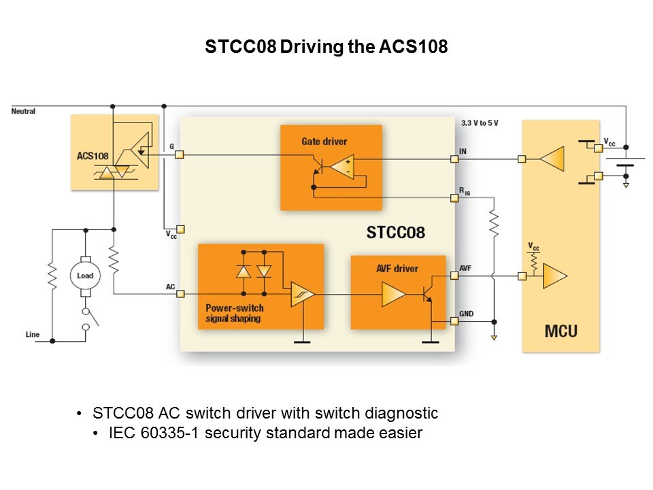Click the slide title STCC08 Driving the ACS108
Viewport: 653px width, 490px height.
(x=326, y=48)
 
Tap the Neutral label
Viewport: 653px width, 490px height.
(x=23, y=111)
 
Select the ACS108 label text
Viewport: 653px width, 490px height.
(x=93, y=156)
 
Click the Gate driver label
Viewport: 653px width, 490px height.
(x=324, y=142)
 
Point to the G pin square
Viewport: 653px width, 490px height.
(x=180, y=155)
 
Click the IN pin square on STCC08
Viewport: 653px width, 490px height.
(x=454, y=159)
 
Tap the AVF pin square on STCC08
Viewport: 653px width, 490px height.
(x=454, y=276)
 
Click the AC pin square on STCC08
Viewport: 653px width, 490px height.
(x=180, y=294)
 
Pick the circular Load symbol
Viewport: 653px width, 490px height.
(x=85, y=275)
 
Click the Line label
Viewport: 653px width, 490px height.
(x=33, y=334)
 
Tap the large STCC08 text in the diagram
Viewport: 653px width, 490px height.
(x=395, y=232)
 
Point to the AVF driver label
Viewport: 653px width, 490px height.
(x=397, y=268)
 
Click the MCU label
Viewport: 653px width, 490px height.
(x=560, y=331)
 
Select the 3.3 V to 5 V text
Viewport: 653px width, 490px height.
(x=480, y=122)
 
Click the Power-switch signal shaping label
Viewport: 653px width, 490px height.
(x=233, y=312)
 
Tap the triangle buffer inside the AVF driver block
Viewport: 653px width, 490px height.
(x=394, y=294)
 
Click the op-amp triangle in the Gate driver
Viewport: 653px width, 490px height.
(x=341, y=166)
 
